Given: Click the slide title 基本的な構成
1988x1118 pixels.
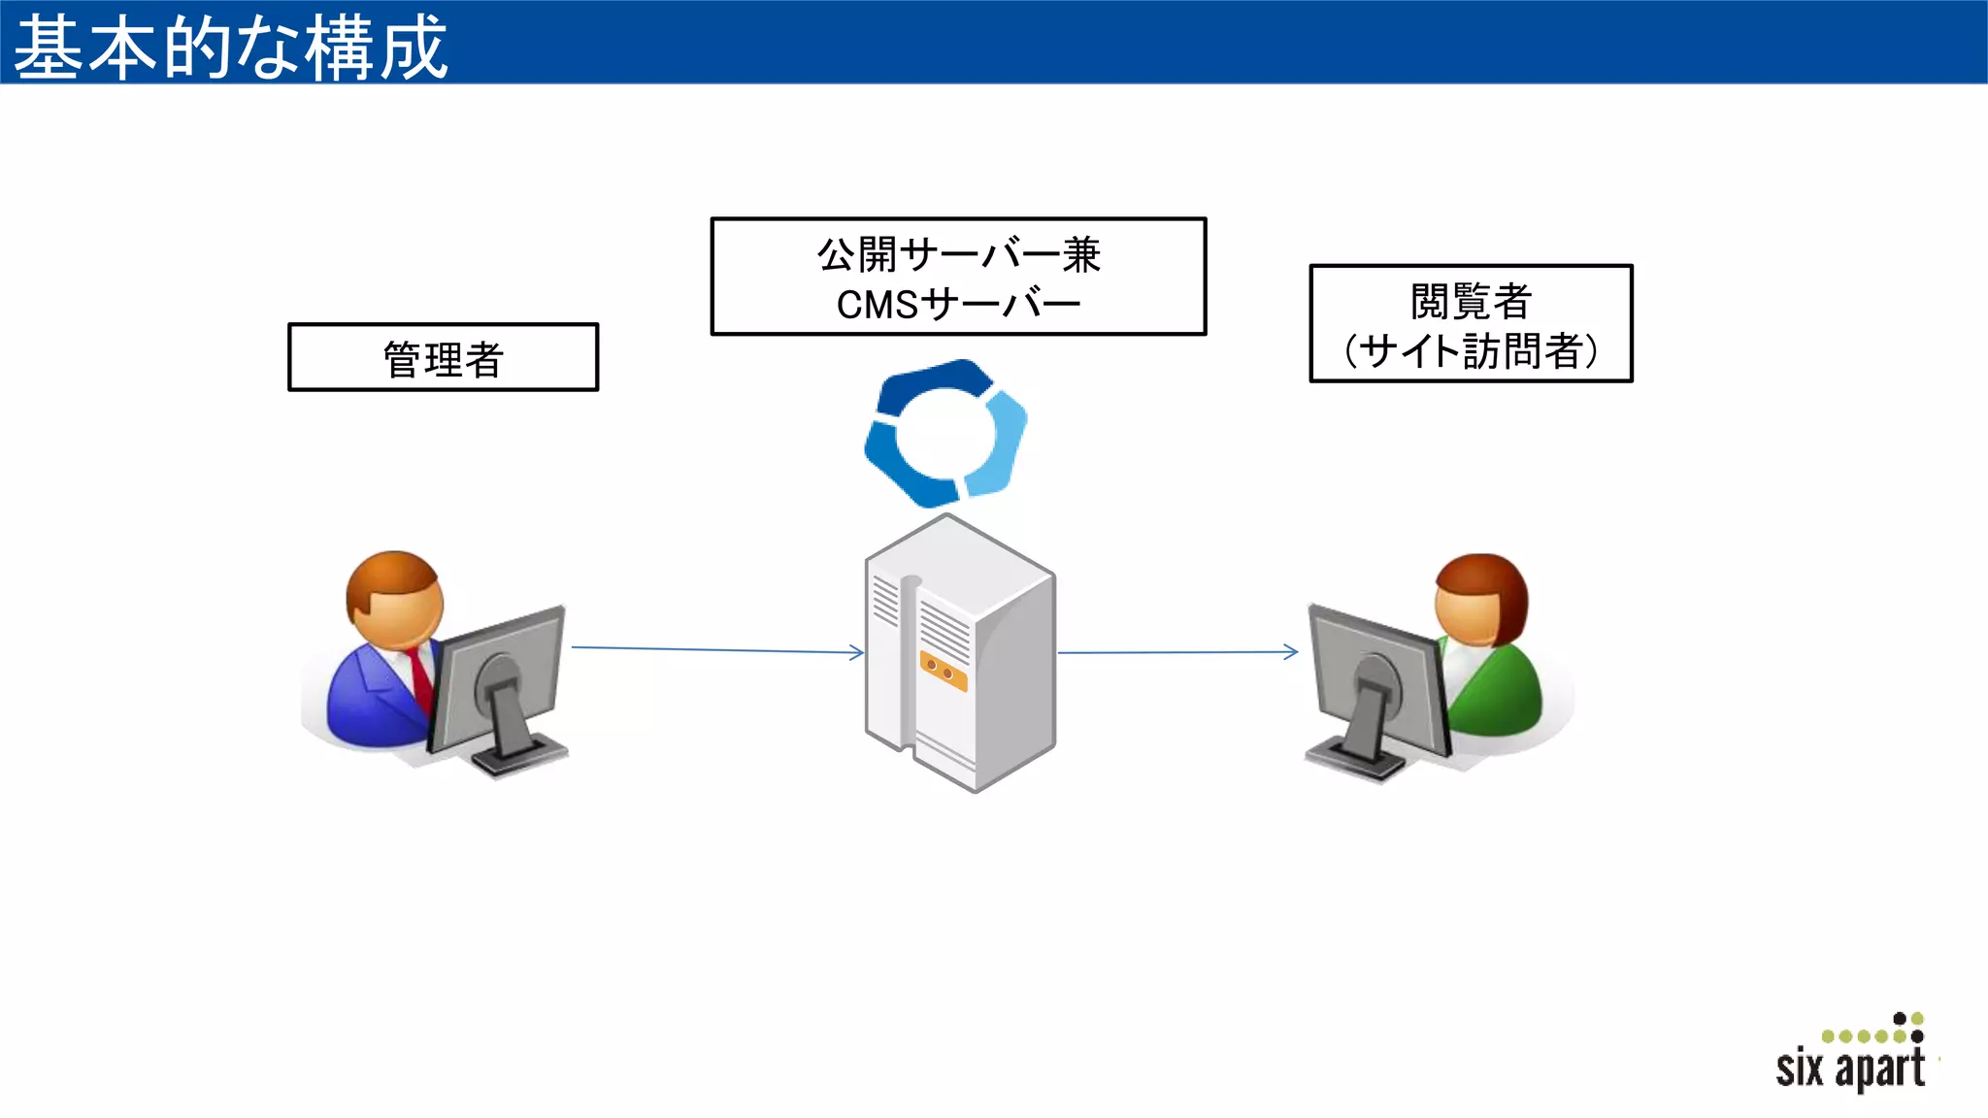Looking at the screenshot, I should click(x=231, y=47).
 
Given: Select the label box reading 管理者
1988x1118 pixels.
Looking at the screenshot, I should click(x=443, y=358).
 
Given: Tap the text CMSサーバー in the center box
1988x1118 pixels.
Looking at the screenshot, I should click(x=958, y=305).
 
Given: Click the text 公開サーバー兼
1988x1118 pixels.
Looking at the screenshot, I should click(x=958, y=254).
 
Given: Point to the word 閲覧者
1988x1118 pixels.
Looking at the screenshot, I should click(x=1471, y=301).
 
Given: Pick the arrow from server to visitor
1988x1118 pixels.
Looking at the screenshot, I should click(x=1176, y=652).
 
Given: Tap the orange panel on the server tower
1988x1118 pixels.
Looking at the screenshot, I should click(x=944, y=672).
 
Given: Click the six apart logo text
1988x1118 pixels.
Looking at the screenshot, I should click(x=1850, y=1069).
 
